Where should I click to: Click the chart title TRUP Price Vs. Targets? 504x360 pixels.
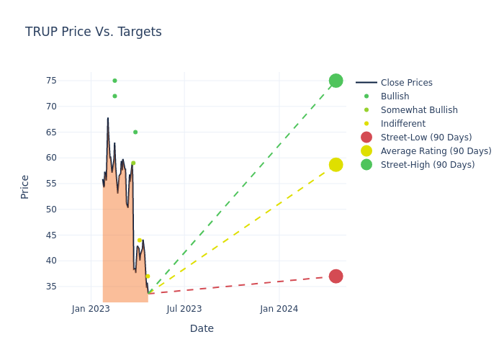(x=93, y=32)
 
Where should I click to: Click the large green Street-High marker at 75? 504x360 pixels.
(x=336, y=81)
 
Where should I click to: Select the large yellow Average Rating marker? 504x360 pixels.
(x=336, y=165)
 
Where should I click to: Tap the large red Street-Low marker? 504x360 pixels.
(x=336, y=276)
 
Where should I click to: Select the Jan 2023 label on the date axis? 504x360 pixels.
(x=91, y=309)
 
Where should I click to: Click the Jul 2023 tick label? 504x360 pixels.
(x=184, y=309)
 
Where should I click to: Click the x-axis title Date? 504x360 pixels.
(x=202, y=328)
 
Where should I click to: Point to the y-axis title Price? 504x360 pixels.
(x=25, y=186)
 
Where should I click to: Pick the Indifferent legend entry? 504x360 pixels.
(x=402, y=124)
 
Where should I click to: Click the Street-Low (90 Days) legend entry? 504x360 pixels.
(x=426, y=138)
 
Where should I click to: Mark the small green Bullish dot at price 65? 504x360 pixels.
(x=135, y=132)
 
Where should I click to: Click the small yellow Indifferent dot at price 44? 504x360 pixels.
(x=140, y=240)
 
